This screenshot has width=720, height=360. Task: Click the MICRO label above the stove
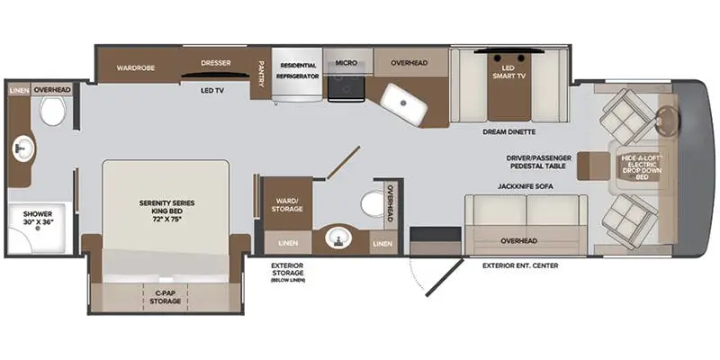346,63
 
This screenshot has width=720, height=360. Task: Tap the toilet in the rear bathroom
51,112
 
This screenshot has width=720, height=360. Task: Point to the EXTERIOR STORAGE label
287,270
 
